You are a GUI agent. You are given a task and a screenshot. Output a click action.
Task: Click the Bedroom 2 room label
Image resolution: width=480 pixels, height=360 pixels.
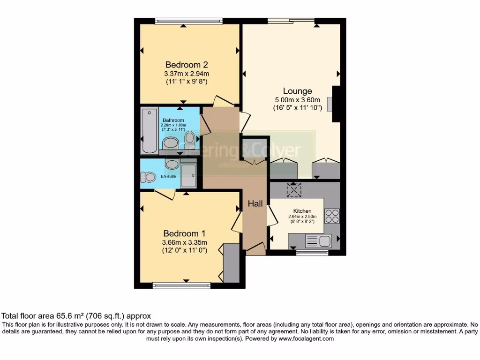click(186, 65)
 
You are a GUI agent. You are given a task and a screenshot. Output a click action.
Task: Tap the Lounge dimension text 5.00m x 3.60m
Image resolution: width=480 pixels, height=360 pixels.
click(298, 99)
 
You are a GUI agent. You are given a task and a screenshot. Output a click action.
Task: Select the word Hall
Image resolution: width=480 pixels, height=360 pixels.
click(255, 203)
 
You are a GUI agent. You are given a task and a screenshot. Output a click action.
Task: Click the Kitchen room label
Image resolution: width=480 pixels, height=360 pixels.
click(302, 211)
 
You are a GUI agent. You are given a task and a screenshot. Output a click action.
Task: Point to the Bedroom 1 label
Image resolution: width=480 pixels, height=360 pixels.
click(184, 233)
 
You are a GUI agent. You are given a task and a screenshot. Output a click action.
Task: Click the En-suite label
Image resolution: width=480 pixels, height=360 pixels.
click(168, 176)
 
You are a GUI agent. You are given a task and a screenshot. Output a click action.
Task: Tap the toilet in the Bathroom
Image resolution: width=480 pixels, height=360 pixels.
click(189, 138)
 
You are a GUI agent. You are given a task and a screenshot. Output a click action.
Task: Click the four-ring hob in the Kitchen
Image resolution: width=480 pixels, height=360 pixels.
click(332, 216)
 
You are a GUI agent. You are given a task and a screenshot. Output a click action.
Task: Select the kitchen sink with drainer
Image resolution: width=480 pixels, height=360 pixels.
click(318, 241)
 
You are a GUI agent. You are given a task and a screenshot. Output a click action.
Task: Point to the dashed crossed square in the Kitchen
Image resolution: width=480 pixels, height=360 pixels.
click(295, 189)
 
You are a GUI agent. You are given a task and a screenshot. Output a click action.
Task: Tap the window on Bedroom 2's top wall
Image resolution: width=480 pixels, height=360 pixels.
click(189, 21)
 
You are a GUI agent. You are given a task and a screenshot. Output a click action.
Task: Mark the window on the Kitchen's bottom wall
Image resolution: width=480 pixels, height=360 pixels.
click(312, 253)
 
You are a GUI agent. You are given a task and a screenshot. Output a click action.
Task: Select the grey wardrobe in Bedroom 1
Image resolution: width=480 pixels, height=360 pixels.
click(231, 263)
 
